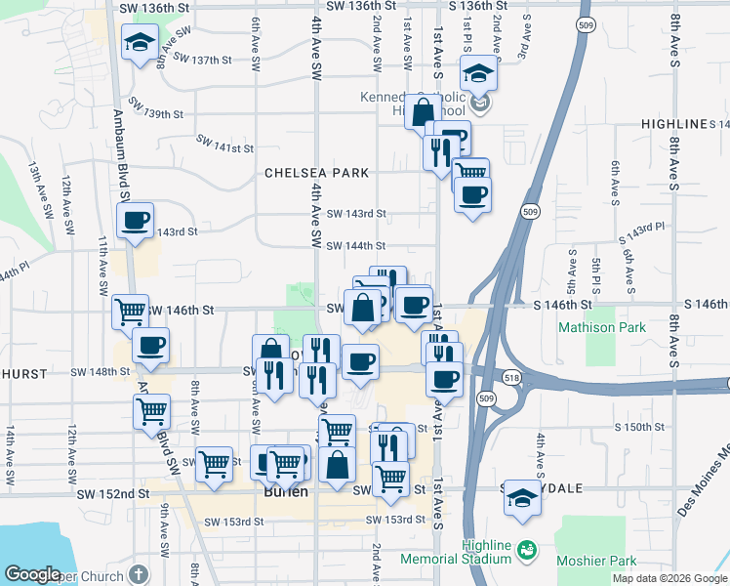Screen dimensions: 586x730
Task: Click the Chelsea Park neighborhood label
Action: [x=317, y=173]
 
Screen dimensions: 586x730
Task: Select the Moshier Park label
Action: [x=596, y=561]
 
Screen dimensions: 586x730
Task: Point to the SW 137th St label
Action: [x=202, y=59]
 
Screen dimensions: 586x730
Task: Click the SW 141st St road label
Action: [x=224, y=148]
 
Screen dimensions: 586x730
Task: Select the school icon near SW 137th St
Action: [x=141, y=42]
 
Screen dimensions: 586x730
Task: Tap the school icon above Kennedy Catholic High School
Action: [x=479, y=73]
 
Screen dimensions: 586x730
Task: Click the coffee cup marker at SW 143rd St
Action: [x=136, y=219]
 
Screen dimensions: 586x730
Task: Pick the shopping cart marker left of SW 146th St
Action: [x=131, y=313]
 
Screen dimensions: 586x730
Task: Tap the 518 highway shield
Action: [x=512, y=377]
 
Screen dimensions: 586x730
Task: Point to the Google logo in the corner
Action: [x=32, y=574]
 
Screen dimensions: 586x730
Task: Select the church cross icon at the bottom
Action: [x=139, y=574]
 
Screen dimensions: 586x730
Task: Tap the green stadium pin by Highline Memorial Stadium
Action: [x=527, y=550]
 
